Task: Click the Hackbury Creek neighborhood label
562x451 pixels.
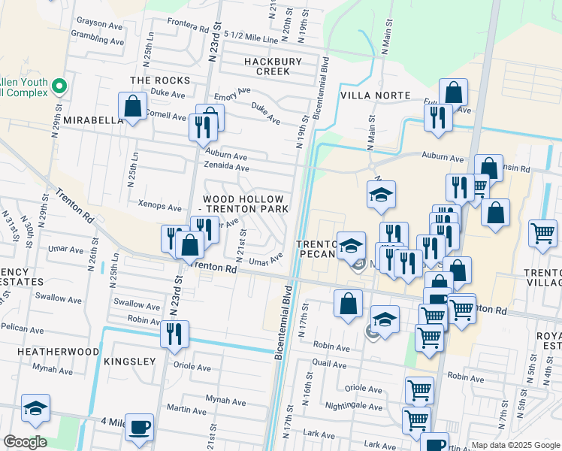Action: click(272, 66)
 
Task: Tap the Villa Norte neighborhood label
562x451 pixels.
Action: click(375, 95)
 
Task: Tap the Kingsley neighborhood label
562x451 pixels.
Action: click(129, 362)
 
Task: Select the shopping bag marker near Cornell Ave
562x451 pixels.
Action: click(133, 107)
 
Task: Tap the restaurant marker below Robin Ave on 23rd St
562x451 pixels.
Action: click(174, 334)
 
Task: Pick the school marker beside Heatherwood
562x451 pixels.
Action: click(35, 408)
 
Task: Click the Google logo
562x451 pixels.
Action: click(25, 442)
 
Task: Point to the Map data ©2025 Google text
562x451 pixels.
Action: click(515, 445)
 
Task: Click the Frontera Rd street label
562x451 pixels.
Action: click(188, 24)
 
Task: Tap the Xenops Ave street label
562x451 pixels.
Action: click(160, 206)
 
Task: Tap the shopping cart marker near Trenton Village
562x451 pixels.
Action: click(542, 233)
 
